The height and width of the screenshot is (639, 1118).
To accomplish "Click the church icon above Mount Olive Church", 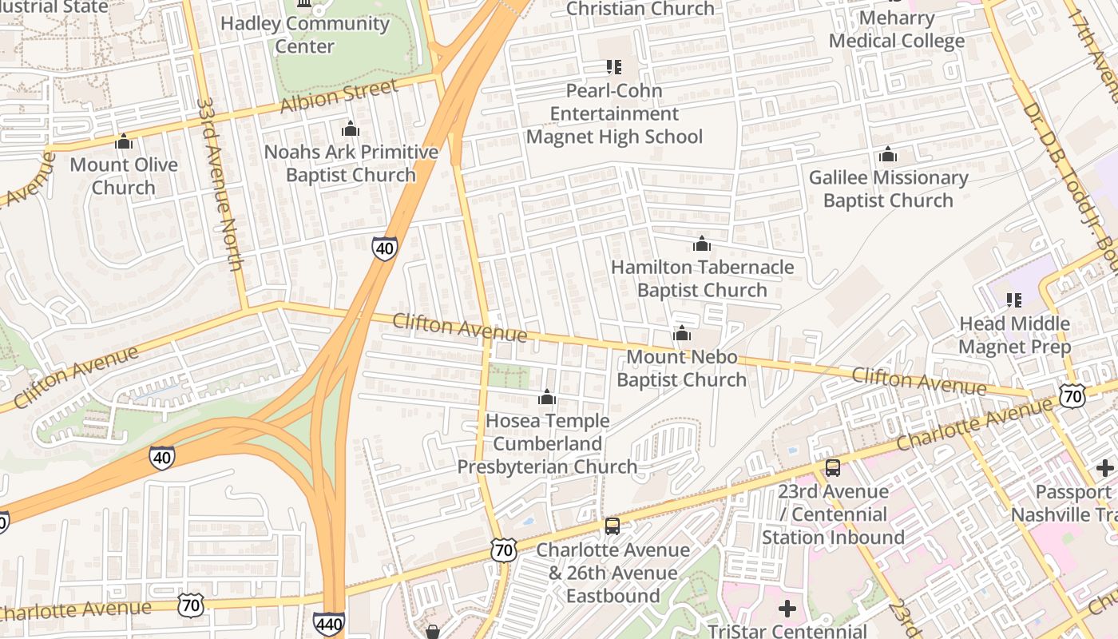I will click(124, 142).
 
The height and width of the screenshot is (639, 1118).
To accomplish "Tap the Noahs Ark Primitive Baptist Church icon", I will click(351, 129).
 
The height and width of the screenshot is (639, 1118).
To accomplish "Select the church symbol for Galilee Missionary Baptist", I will click(888, 155).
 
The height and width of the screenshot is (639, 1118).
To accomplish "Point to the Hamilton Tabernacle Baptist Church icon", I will click(702, 244).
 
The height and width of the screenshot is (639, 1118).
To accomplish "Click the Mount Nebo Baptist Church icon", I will click(681, 334).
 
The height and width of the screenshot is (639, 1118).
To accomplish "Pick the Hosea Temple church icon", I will click(547, 397).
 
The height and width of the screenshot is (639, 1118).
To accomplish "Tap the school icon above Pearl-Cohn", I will click(613, 67).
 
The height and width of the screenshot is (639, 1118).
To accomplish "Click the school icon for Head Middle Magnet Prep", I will click(1014, 300).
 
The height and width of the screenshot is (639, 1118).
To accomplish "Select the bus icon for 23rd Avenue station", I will click(833, 468).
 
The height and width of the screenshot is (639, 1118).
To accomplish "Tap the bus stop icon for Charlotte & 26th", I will click(613, 526).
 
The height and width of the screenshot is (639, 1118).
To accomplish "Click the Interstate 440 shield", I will click(329, 624).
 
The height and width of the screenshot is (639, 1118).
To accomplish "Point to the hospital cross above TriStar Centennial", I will click(787, 609).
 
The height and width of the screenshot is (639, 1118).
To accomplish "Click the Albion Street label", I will click(339, 97).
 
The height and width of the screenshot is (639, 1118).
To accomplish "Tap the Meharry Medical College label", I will click(897, 29).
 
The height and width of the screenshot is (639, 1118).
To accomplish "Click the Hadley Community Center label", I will click(305, 34).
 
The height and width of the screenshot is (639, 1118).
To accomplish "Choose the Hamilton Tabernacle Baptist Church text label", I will click(703, 279).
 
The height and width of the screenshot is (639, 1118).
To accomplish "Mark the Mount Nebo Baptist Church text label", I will click(682, 368).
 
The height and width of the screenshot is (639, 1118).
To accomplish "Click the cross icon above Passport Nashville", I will click(1106, 467).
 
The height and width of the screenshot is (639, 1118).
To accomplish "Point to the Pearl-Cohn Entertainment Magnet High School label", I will click(614, 113).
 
